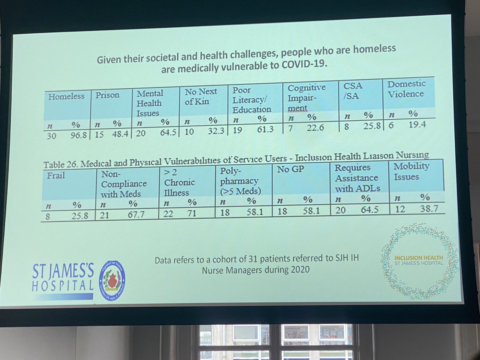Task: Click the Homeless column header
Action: pos(66,96)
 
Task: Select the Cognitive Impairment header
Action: pos(306,98)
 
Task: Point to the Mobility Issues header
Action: pos(412,171)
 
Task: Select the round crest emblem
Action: pos(112,280)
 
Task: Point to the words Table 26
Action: pos(59,165)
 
